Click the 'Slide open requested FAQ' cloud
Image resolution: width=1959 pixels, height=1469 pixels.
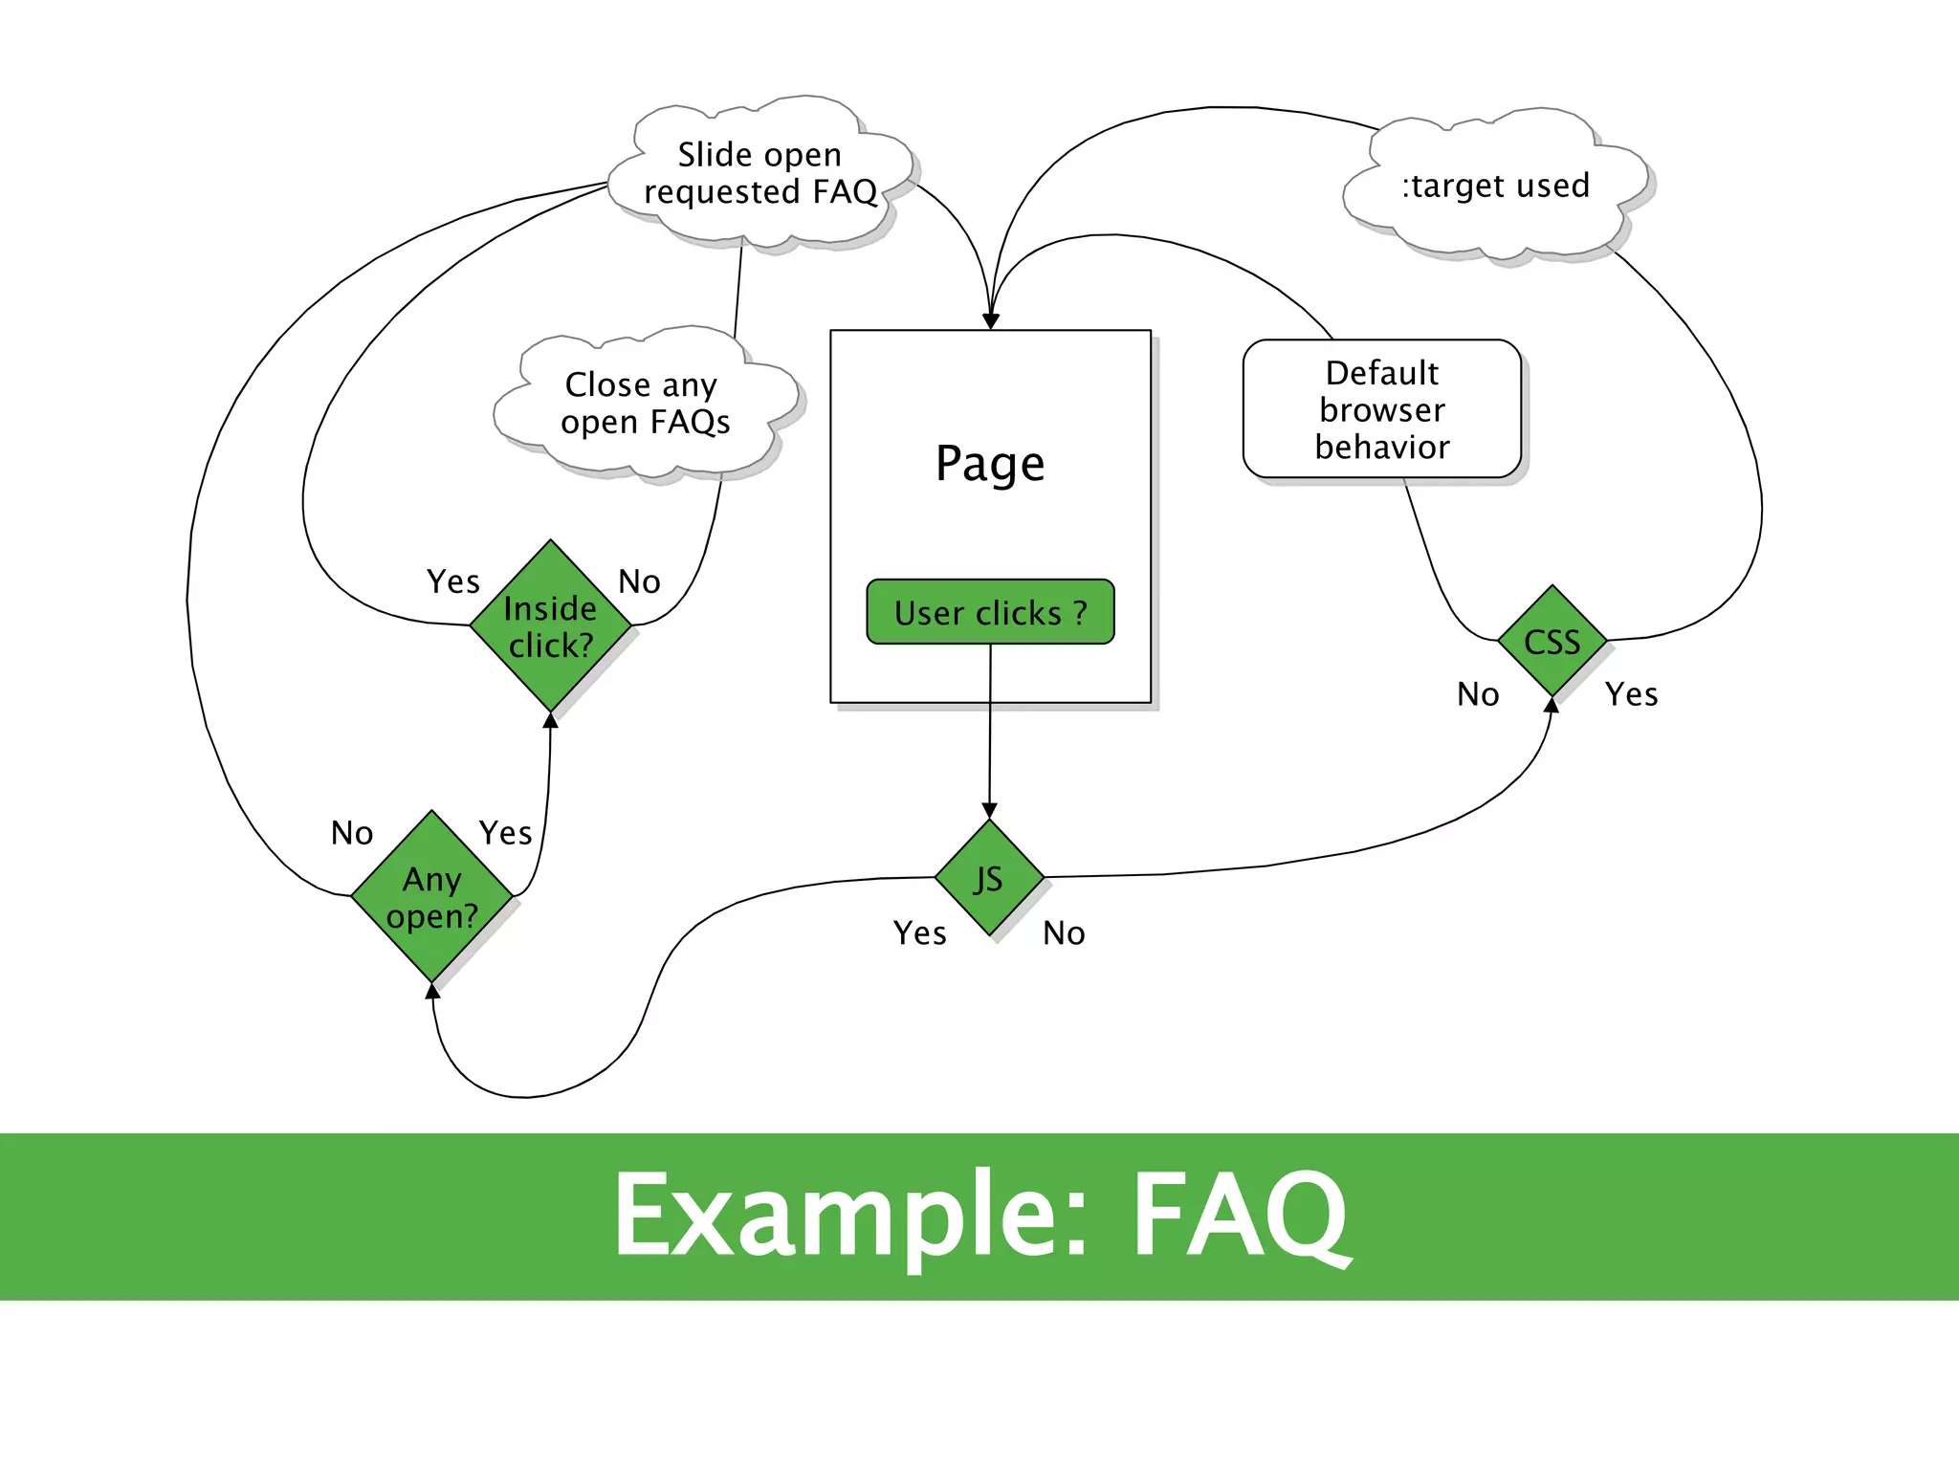click(x=760, y=173)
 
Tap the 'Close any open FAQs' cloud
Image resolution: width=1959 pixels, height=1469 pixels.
click(x=646, y=403)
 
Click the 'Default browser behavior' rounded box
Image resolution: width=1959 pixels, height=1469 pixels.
click(x=1381, y=409)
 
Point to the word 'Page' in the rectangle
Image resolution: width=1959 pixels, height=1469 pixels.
click(x=990, y=464)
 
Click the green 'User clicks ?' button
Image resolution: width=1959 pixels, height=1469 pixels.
click(x=990, y=612)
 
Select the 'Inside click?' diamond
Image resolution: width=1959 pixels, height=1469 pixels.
click(x=550, y=626)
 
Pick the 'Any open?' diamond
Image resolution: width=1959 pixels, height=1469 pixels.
click(x=431, y=897)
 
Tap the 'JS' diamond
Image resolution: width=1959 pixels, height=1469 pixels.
click(x=989, y=878)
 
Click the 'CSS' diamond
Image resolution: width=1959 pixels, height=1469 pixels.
click(x=1552, y=642)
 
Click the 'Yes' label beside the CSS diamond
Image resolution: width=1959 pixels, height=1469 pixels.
click(x=1631, y=694)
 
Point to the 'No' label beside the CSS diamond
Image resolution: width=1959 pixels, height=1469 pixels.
click(x=1478, y=694)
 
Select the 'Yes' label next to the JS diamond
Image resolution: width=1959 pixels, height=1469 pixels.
click(x=919, y=933)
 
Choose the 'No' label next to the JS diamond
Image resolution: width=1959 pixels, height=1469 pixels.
click(x=1064, y=933)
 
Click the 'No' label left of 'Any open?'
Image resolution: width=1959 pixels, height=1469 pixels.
click(x=351, y=833)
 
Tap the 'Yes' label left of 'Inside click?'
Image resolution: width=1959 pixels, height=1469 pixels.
click(x=452, y=581)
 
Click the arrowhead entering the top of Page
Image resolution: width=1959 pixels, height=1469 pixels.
click(x=991, y=321)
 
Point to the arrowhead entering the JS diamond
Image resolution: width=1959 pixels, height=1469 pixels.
click(x=989, y=811)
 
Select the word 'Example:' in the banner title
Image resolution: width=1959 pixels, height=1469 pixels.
click(x=850, y=1217)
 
